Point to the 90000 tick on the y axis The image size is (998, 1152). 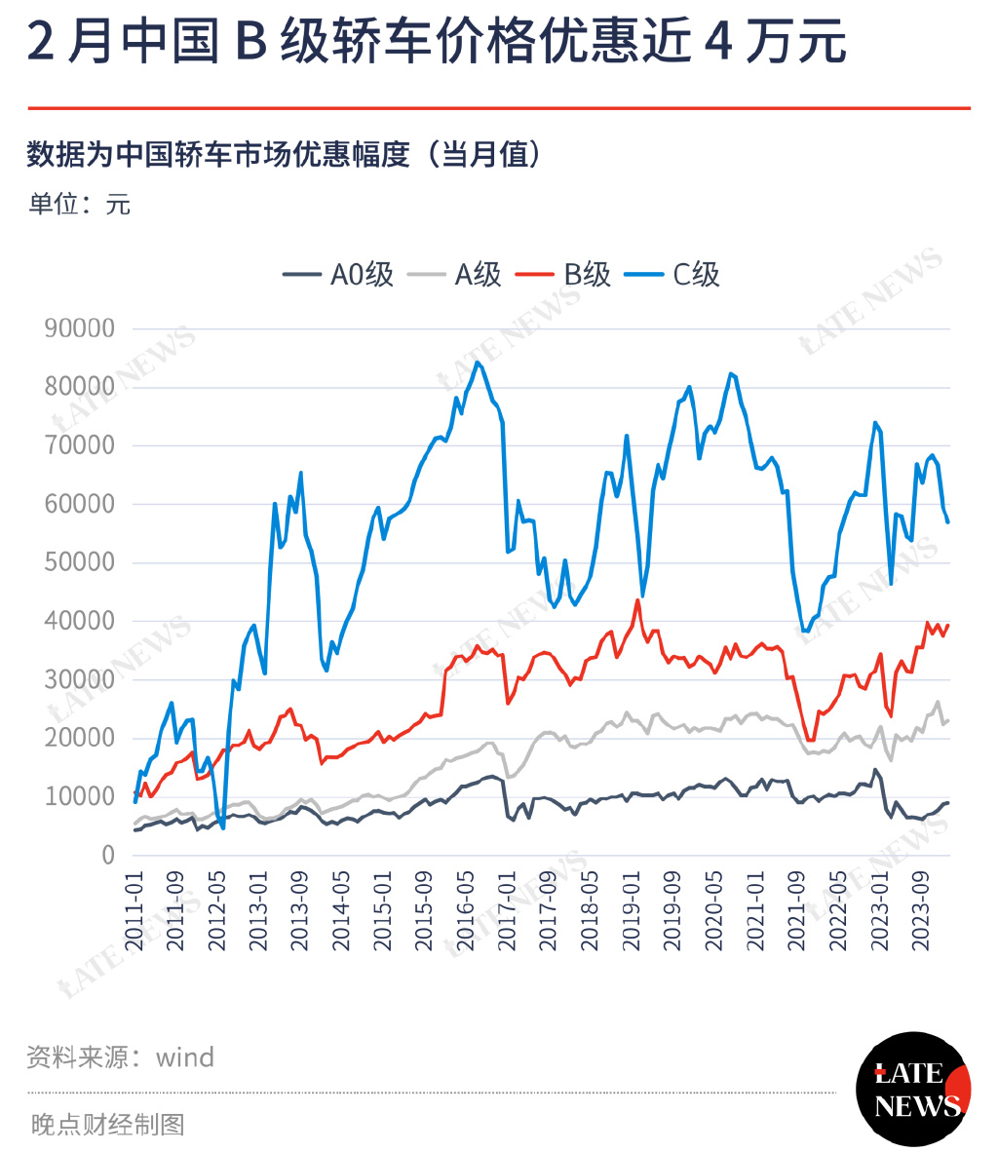tap(80, 328)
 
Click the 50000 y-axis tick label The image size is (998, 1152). tap(80, 562)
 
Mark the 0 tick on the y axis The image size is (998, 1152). tap(108, 855)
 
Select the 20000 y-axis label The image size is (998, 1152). tap(80, 738)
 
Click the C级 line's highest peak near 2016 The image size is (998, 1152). tap(477, 363)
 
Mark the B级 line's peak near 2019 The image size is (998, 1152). tap(638, 600)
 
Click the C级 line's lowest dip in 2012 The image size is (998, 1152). tap(223, 827)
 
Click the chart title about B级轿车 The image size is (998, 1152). tap(436, 44)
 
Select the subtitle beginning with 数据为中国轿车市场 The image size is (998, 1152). tap(284, 154)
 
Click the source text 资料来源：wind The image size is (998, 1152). tap(121, 1057)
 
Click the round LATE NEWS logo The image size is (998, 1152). tap(913, 1089)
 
